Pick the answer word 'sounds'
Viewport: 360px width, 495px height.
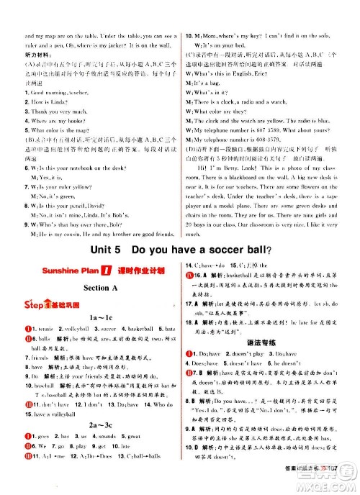click(105, 437)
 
